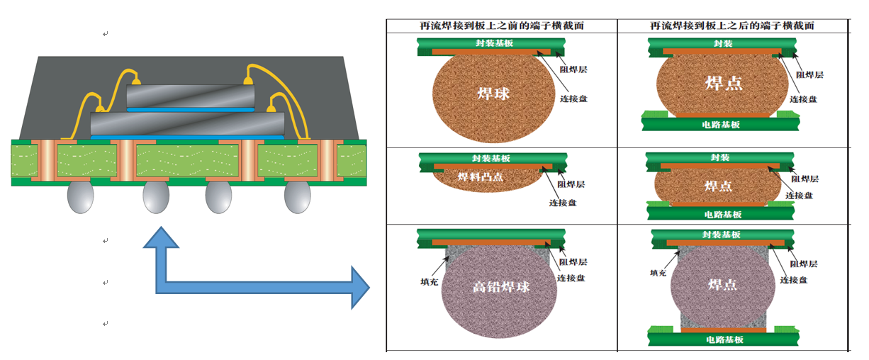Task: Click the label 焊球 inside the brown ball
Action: [493, 94]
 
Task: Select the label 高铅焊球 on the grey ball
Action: [501, 287]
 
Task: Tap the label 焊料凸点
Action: [481, 177]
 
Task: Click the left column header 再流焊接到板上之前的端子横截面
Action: [502, 26]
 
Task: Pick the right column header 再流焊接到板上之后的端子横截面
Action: [731, 26]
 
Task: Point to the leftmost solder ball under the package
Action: [81, 197]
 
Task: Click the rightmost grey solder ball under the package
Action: [298, 197]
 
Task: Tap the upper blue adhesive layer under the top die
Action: [191, 110]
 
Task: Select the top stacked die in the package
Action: [191, 96]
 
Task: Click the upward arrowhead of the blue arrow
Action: [161, 237]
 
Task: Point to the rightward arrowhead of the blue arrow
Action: [360, 288]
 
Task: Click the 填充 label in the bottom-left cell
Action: [429, 282]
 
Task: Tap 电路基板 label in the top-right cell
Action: [721, 125]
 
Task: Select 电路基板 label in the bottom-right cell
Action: [724, 340]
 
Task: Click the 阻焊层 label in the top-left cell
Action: [573, 70]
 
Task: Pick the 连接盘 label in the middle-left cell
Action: [563, 203]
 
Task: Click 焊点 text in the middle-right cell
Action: [718, 186]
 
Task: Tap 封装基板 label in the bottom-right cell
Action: [721, 235]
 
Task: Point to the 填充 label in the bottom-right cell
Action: [658, 273]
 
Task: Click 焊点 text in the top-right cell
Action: [724, 83]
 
